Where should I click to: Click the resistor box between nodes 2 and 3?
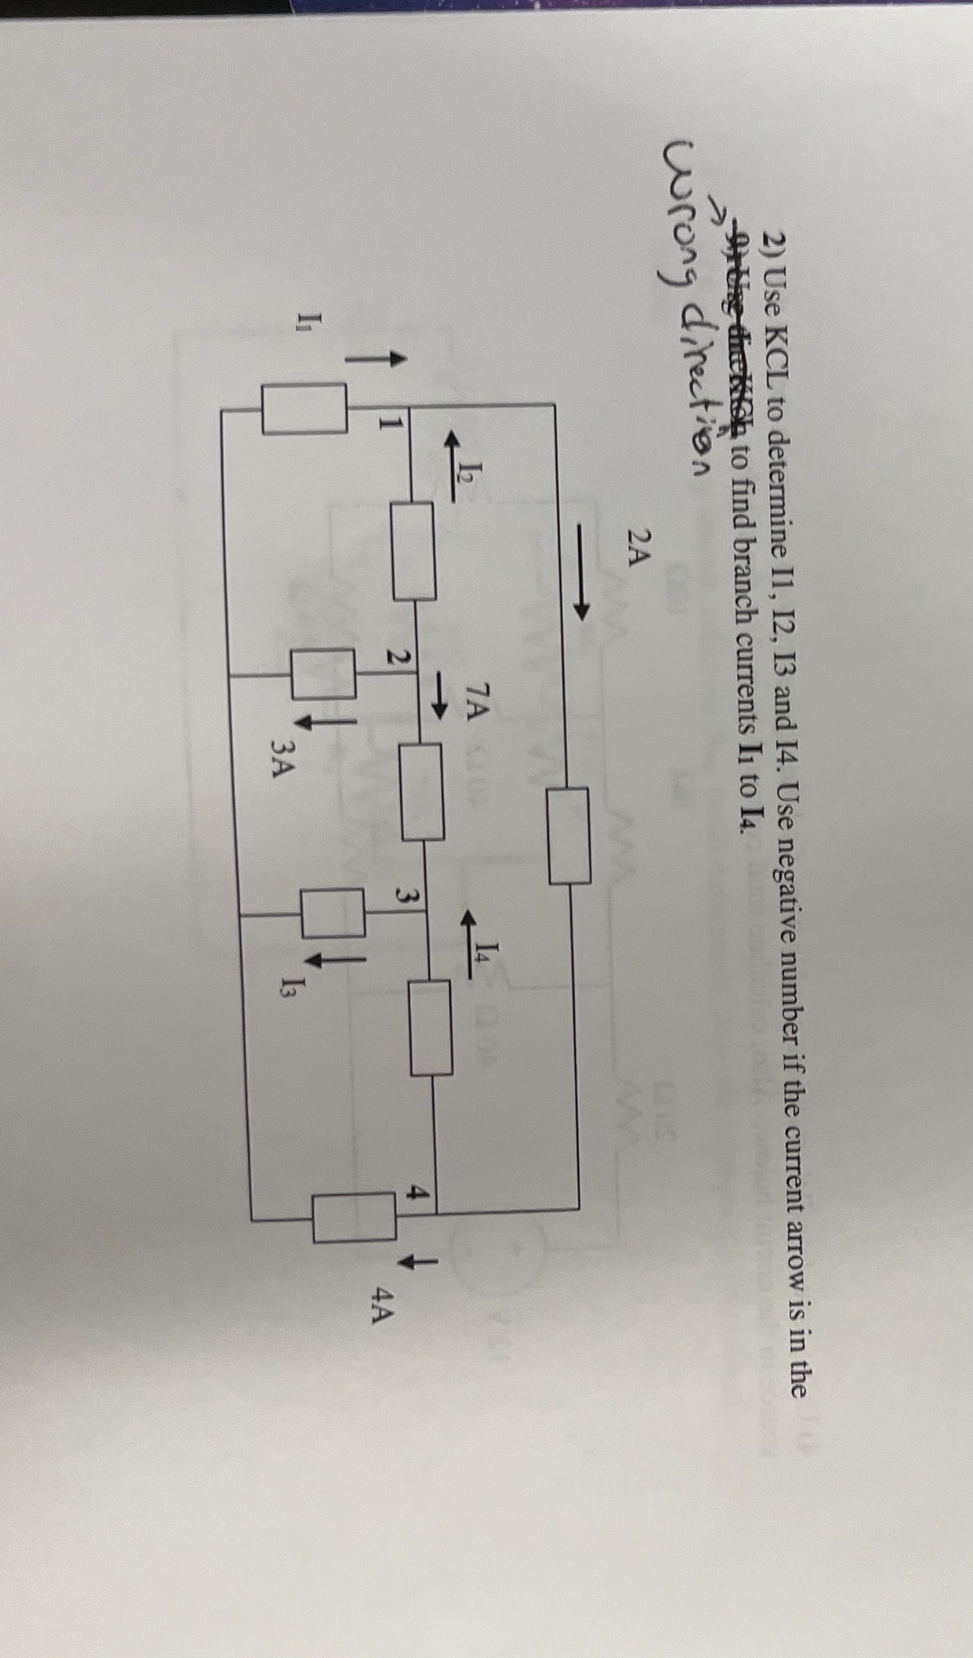click(422, 791)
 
